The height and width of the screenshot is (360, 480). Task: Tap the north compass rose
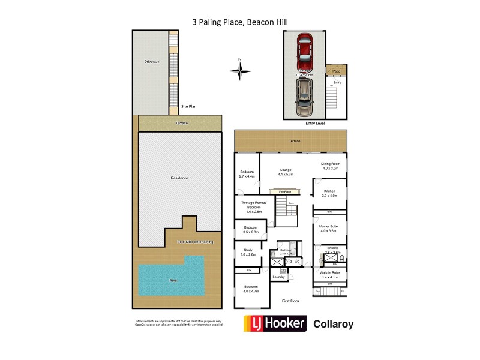(239, 71)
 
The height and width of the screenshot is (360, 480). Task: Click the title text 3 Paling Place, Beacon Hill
(240, 22)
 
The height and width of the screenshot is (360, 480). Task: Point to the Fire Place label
(284, 191)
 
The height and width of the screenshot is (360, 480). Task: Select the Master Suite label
(329, 227)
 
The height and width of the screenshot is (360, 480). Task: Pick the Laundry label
(278, 277)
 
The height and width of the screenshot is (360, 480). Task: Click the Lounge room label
(285, 171)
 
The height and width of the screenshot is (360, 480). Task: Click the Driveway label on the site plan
(151, 62)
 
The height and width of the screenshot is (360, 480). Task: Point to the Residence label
(179, 178)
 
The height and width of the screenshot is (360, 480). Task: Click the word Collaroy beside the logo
(334, 325)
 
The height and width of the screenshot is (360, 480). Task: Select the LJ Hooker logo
(274, 324)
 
